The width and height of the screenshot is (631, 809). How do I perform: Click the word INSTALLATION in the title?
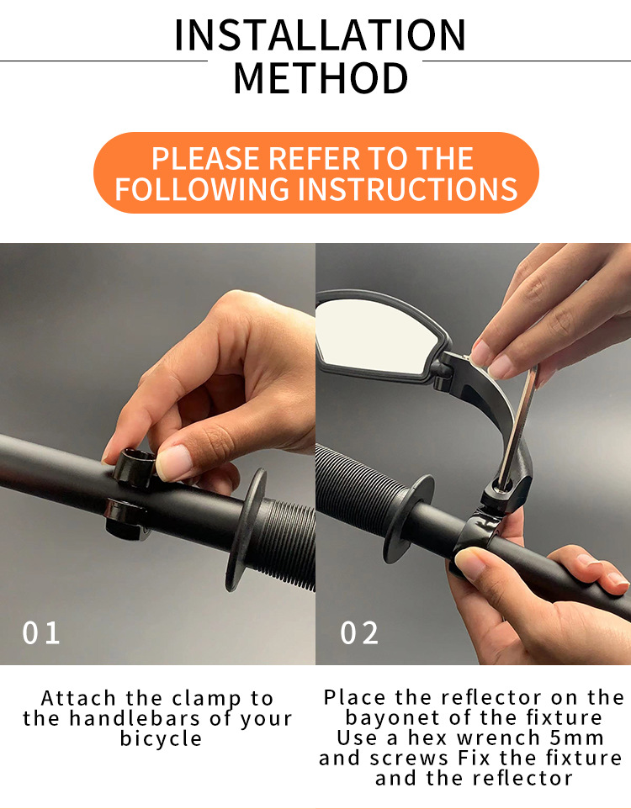pyautogui.click(x=321, y=35)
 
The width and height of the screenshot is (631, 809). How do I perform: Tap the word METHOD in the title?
pyautogui.click(x=321, y=78)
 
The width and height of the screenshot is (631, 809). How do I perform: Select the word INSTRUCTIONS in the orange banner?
pyautogui.click(x=408, y=188)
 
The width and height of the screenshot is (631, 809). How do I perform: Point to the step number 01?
pyautogui.click(x=40, y=632)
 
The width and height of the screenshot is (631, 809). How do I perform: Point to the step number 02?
pyautogui.click(x=359, y=632)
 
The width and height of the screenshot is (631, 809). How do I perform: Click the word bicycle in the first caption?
pyautogui.click(x=161, y=738)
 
